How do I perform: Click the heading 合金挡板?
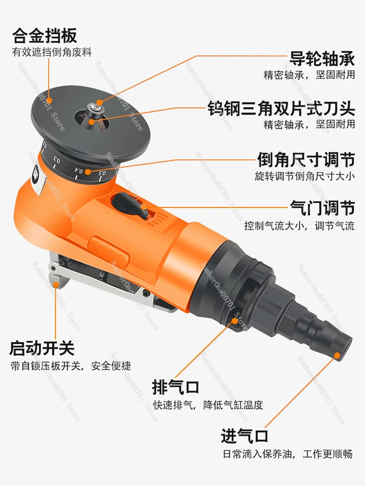coord(44,35)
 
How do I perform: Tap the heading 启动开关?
coord(42,347)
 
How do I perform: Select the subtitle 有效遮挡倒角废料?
coord(52,52)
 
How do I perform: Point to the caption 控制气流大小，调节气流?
coord(299,226)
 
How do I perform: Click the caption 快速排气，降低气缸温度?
coord(208,405)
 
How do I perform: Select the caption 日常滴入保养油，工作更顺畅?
coord(287,454)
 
